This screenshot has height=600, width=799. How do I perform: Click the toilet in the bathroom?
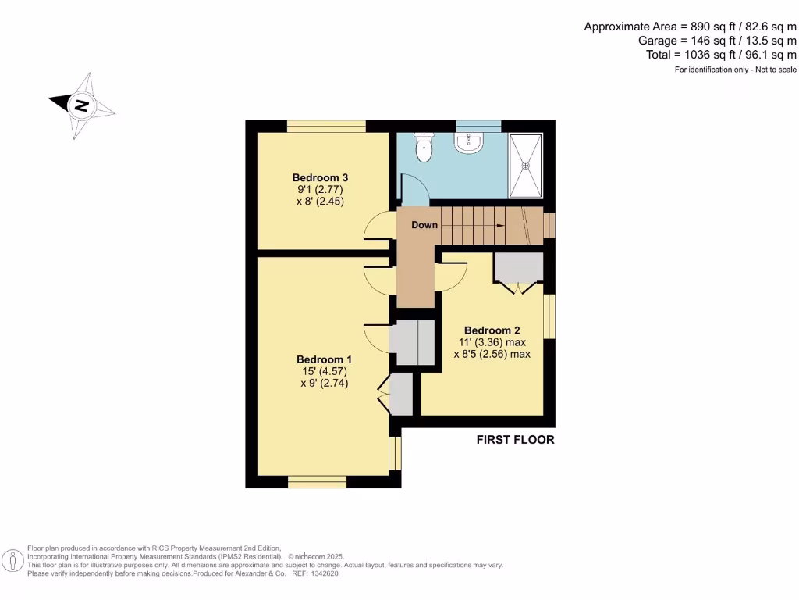(424, 148)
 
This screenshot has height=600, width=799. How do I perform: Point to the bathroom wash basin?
(469, 142)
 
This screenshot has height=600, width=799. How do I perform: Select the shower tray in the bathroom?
(524, 165)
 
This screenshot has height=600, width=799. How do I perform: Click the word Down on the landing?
(424, 225)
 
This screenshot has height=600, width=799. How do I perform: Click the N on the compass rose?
(81, 105)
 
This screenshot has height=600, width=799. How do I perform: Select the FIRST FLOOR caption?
(515, 440)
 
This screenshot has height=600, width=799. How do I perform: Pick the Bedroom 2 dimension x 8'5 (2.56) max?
(492, 354)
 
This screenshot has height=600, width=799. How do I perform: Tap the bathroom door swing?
(412, 191)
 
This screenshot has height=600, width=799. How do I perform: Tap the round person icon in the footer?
(13, 561)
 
